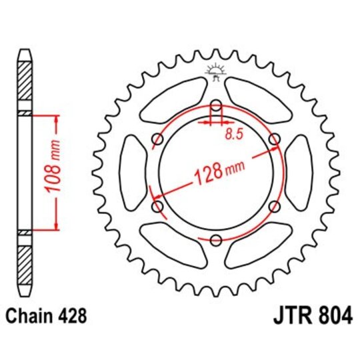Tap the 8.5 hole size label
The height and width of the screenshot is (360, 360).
point(233,133)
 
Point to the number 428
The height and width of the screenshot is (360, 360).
point(71,315)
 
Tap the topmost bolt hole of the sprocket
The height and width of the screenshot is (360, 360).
point(215,106)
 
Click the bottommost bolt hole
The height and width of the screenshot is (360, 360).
point(215,241)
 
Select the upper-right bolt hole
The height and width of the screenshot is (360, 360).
point(273,139)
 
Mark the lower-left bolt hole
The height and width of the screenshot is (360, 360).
point(157,207)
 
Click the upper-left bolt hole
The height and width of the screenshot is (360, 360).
point(157,139)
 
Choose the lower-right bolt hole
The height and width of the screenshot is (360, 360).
point(273,207)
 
